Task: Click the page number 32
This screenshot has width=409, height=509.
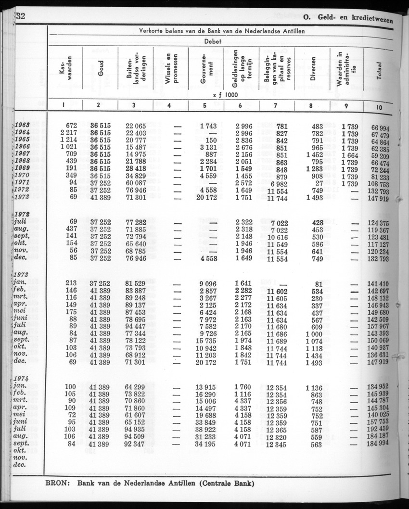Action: [x=20, y=15]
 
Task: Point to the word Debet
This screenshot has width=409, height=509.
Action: [x=212, y=41]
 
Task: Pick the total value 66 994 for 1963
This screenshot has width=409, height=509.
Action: [x=380, y=126]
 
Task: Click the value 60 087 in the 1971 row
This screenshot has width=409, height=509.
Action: [x=136, y=183]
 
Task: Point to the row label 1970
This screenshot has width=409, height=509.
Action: [x=22, y=176]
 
